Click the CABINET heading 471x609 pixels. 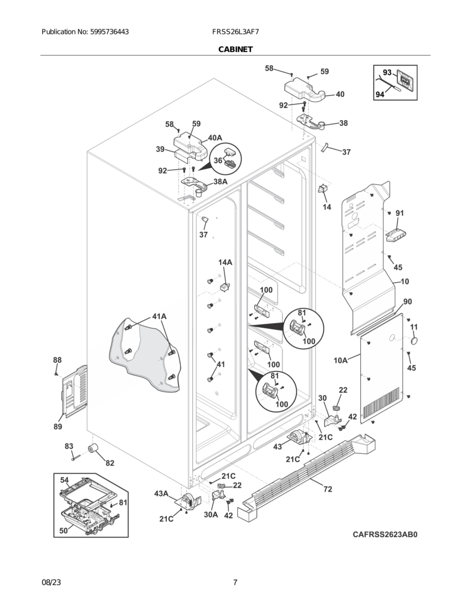(x=235, y=49)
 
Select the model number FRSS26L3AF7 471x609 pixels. (x=235, y=32)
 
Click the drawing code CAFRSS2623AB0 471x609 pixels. (x=385, y=535)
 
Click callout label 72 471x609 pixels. (x=328, y=489)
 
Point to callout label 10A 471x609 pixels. (x=341, y=360)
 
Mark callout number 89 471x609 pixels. (x=58, y=426)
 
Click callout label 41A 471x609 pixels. (x=159, y=317)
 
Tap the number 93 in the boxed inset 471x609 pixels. (x=387, y=73)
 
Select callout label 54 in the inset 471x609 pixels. (x=64, y=479)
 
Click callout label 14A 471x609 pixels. (x=225, y=262)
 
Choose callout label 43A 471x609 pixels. (x=161, y=493)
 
